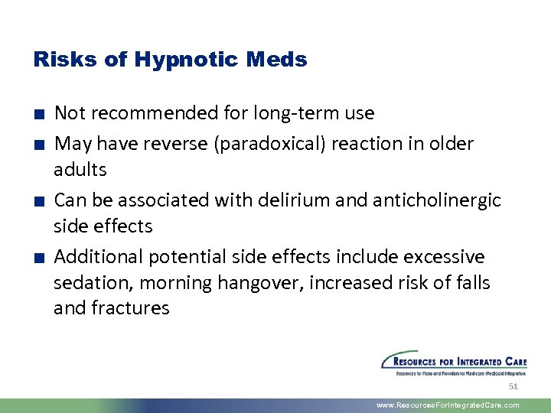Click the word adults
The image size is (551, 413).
coord(80,169)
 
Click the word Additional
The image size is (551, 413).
coord(99,256)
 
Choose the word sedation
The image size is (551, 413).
coord(86,283)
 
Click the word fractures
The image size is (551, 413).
coord(129,308)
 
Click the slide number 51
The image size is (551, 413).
coord(514,387)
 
